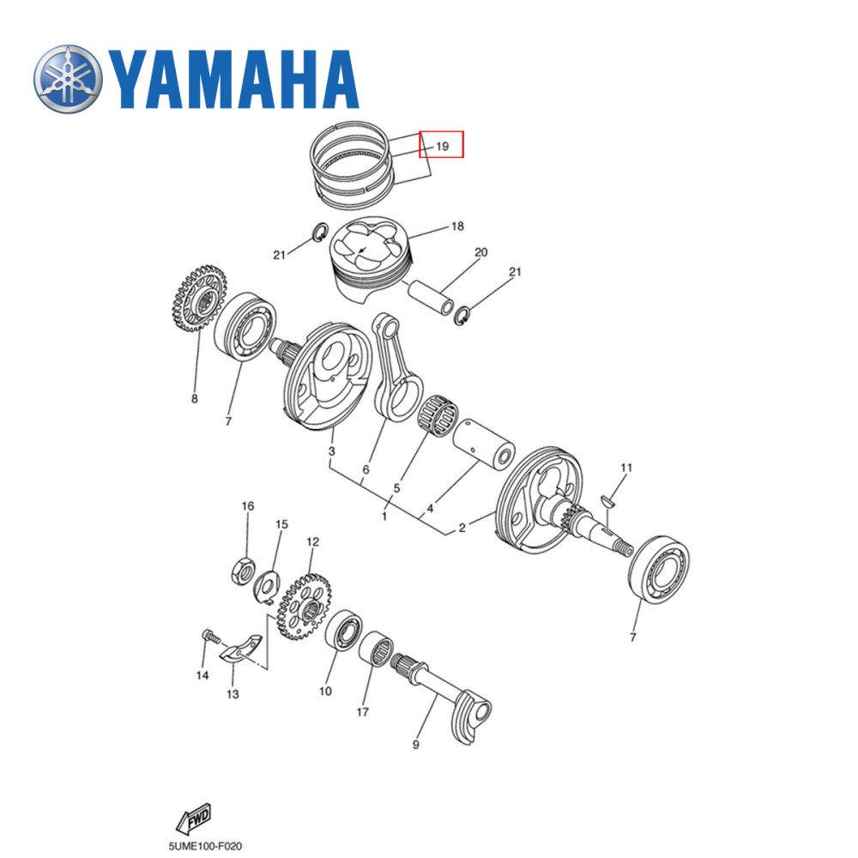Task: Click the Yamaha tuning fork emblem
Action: point(67,78)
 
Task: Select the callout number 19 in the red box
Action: point(441,146)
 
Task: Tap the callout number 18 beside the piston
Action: point(457,227)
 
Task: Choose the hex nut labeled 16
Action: point(243,569)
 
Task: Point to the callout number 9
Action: point(415,745)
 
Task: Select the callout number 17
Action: point(363,711)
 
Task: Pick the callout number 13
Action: point(233,693)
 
